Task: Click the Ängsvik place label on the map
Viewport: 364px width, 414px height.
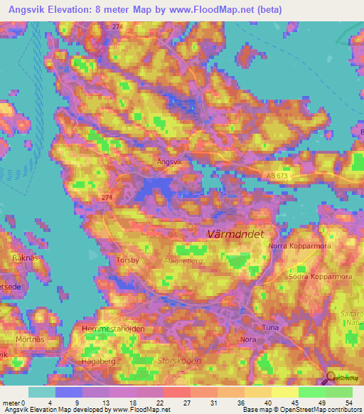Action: pyautogui.click(x=169, y=161)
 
